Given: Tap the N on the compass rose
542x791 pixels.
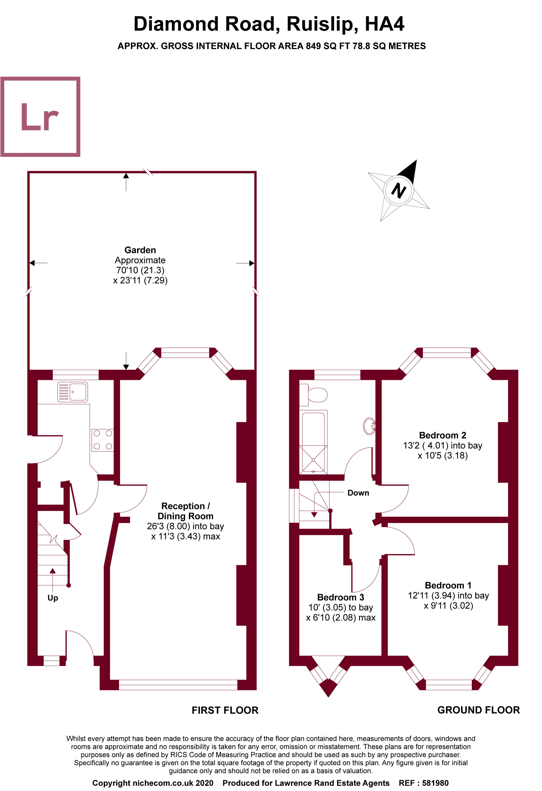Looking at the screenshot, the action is click(398, 190).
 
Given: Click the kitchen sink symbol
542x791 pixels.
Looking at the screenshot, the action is click(72, 392).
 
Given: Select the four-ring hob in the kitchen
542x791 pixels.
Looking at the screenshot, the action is click(102, 440).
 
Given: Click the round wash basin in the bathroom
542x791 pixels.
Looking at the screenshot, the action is click(369, 426).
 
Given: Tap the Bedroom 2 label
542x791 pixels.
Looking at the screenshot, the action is click(442, 435).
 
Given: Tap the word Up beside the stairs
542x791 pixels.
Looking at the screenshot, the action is click(53, 598).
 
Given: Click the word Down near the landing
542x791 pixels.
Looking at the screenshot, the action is click(358, 492).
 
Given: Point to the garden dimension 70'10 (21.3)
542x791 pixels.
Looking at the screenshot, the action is click(140, 270).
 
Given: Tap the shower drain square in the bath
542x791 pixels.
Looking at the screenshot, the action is click(313, 460).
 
